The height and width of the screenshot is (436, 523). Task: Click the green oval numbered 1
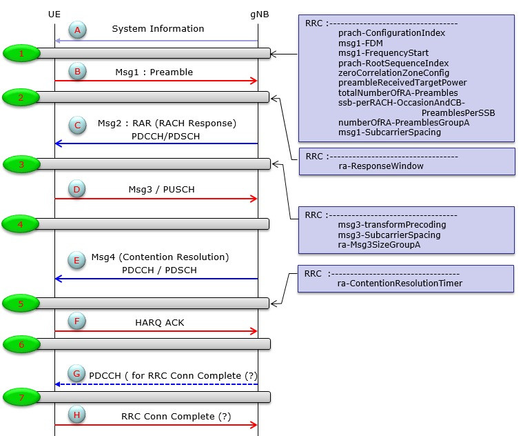[21, 53]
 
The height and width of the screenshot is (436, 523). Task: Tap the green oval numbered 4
[21, 224]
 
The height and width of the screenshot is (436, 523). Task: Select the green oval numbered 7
[21, 397]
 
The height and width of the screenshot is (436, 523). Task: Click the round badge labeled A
[77, 30]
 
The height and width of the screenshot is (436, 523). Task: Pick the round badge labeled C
[77, 125]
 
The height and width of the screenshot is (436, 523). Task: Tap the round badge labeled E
[76, 260]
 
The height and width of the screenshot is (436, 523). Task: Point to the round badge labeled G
[76, 374]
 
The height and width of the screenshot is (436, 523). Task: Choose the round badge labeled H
[76, 415]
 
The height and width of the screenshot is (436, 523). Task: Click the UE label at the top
[54, 14]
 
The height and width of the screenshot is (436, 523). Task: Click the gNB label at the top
[260, 14]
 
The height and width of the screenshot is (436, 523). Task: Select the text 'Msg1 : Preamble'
[154, 72]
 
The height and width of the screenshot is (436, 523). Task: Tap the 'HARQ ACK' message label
[160, 322]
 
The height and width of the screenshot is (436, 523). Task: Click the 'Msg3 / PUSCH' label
[161, 189]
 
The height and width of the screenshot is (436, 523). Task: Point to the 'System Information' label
[158, 29]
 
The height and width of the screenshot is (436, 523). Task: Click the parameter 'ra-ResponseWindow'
[381, 166]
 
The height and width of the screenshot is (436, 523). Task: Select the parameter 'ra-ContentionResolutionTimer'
[400, 283]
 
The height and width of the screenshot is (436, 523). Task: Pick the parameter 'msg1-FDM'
[360, 43]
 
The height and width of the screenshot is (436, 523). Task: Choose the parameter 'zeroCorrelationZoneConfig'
[393, 72]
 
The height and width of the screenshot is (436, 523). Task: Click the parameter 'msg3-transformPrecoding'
[392, 225]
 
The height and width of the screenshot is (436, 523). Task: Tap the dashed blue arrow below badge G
[156, 384]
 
